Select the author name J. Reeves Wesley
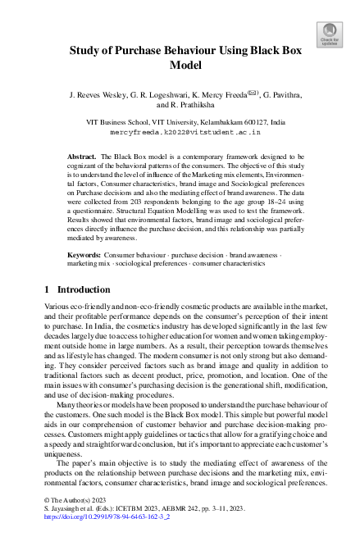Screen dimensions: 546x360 point(101,95)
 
